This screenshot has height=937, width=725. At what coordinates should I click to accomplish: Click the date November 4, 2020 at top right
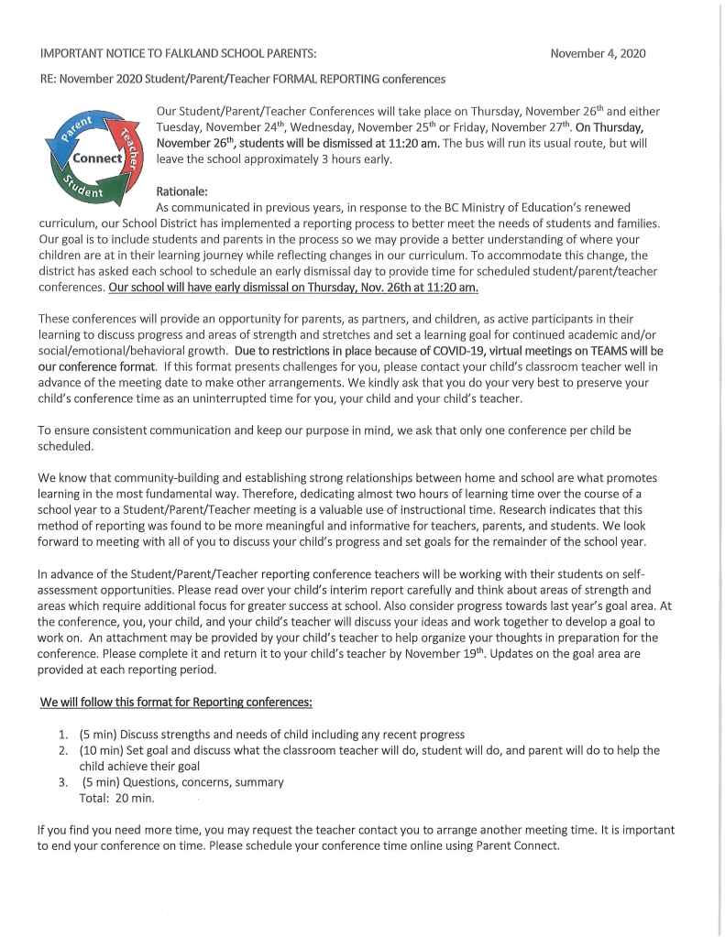598,53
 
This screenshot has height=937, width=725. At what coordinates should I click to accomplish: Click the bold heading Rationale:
182,191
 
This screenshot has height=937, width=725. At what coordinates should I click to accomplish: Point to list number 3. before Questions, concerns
63,782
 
